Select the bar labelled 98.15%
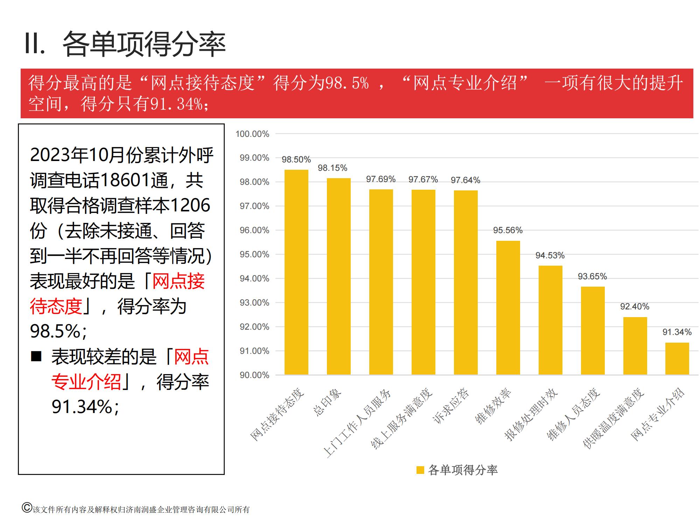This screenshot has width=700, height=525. click(338, 276)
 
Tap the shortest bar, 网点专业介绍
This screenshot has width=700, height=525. click(677, 358)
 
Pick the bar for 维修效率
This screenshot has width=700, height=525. click(508, 308)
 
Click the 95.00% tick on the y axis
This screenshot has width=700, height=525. click(254, 254)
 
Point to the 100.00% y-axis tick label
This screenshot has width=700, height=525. click(252, 134)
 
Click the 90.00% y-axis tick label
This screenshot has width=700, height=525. click(254, 375)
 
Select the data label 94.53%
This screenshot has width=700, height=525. click(550, 255)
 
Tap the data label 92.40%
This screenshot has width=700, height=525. click(635, 307)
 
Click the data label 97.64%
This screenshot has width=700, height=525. click(465, 180)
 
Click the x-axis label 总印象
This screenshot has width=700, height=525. click(327, 402)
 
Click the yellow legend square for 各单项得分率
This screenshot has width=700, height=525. click(420, 470)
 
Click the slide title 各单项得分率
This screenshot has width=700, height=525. click(144, 44)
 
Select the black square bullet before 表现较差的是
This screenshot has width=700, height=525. click(36, 357)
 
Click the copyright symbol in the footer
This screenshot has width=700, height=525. click(27, 508)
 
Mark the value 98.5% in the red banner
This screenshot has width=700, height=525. click(347, 83)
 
